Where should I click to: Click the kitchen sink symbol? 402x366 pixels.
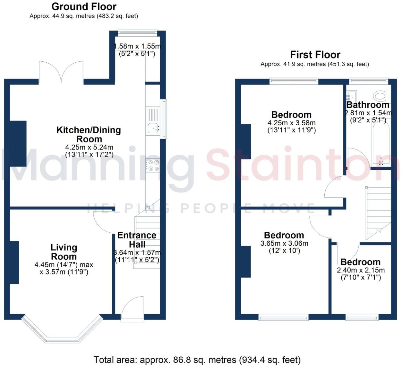tap(153, 128)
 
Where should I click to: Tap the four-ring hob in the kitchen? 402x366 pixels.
tap(153, 165)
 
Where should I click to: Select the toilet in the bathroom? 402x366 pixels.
tap(381, 96)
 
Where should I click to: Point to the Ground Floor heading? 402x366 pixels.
tap(84, 6)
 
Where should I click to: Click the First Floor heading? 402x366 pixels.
tap(315, 54)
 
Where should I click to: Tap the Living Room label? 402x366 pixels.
tap(64, 252)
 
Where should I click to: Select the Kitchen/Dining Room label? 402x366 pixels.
tap(89, 134)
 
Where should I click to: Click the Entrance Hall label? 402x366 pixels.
tap(137, 240)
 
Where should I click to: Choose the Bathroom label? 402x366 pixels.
tap(368, 105)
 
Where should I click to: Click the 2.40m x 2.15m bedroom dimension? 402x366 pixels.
tap(361, 270)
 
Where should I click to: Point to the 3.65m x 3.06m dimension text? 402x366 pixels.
tap(284, 244)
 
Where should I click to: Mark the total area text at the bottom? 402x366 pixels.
tap(197, 360)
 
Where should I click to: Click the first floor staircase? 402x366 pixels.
tap(379, 212)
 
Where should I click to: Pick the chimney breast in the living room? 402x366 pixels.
tap(14, 262)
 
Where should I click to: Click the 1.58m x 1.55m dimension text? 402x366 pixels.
tap(137, 46)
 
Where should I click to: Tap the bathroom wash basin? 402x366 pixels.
tap(350, 95)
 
